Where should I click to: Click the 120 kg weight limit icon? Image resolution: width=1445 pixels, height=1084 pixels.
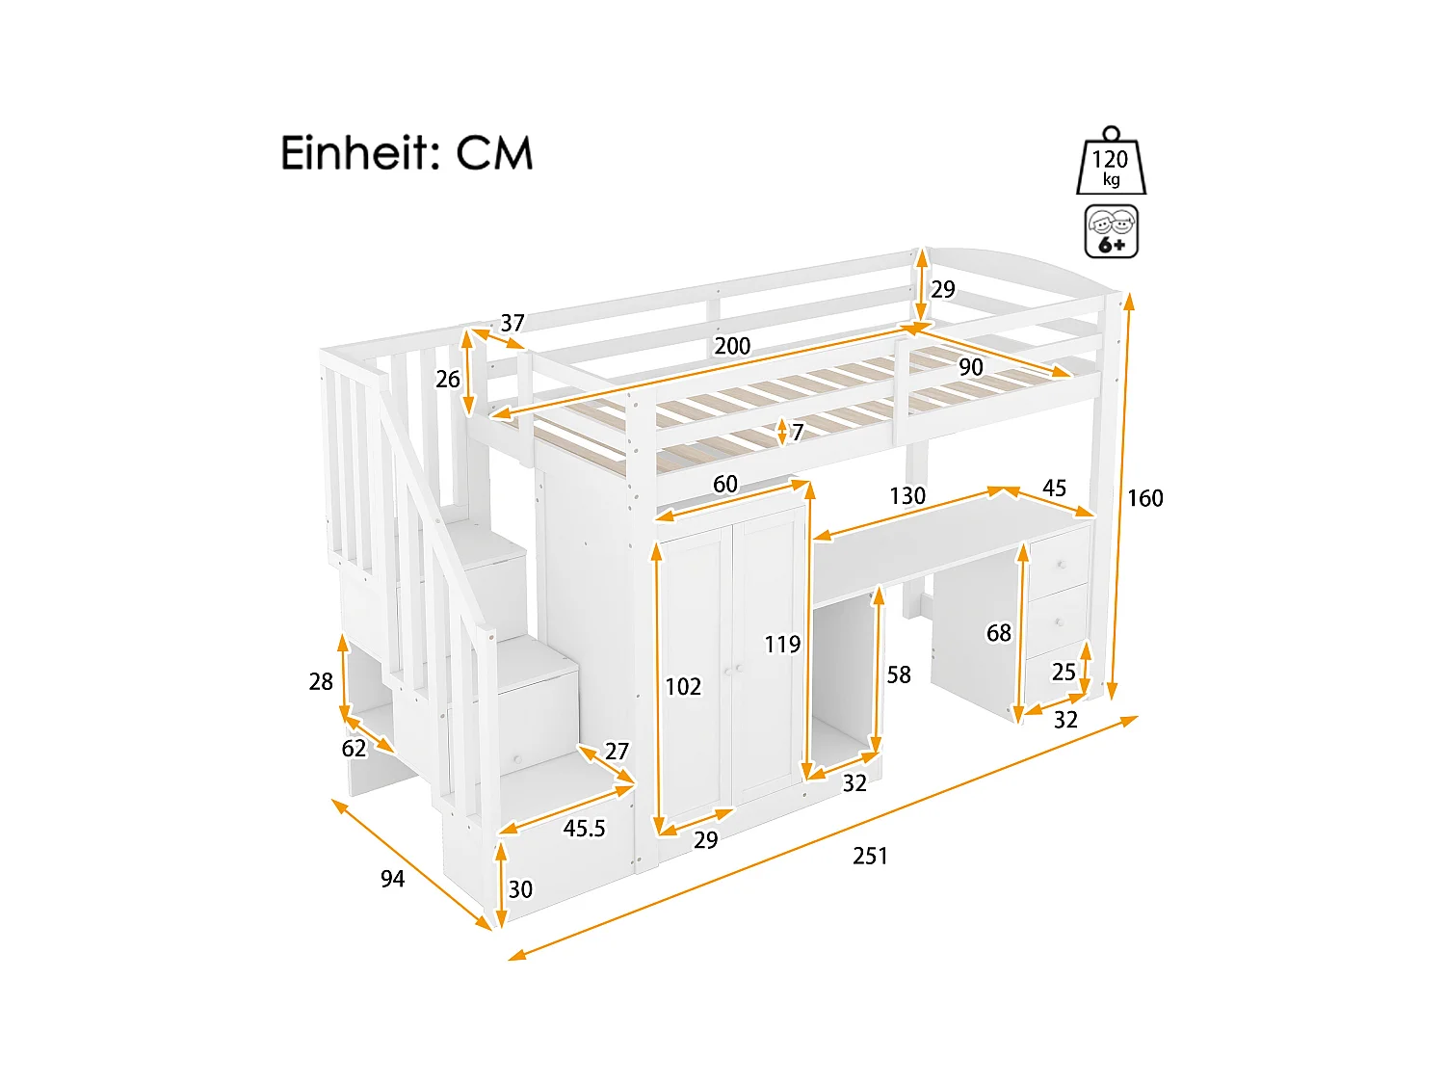click(1111, 164)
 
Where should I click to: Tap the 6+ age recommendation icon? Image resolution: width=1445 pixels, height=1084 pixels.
click(1112, 231)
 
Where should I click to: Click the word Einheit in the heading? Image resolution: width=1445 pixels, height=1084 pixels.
click(359, 153)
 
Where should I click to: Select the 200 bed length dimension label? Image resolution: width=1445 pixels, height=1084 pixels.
click(732, 346)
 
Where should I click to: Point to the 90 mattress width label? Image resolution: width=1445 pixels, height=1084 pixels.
click(970, 367)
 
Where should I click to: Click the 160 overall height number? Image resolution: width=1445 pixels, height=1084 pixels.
click(1145, 498)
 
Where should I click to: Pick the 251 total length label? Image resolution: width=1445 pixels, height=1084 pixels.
click(870, 856)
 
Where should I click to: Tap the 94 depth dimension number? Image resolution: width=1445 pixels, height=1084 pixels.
click(392, 879)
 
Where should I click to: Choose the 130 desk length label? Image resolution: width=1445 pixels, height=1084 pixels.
click(906, 496)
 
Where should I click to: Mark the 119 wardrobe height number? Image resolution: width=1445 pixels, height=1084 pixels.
click(782, 645)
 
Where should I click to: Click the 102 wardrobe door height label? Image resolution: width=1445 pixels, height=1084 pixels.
click(683, 687)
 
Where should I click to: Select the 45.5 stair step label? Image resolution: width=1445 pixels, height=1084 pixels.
click(584, 829)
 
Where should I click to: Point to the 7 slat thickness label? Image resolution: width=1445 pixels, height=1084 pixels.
click(798, 433)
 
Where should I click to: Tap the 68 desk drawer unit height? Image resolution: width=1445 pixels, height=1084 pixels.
click(999, 633)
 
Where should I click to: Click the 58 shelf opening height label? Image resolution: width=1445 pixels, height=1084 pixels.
click(899, 675)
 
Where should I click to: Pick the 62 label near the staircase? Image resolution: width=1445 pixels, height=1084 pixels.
click(354, 749)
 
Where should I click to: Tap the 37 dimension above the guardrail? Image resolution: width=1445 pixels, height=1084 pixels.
click(512, 323)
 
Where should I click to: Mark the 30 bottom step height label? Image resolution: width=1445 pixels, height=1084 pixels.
click(520, 889)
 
